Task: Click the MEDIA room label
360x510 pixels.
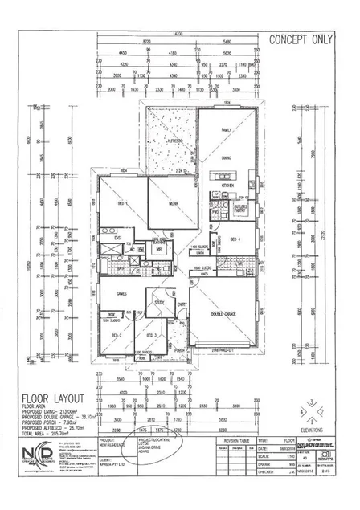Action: (173, 204)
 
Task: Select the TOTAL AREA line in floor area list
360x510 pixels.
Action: (55, 434)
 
